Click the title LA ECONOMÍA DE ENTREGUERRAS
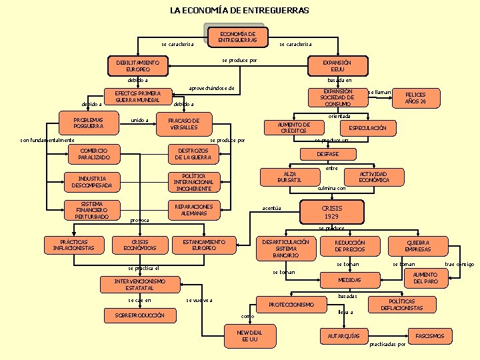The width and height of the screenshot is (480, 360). coord(239,11)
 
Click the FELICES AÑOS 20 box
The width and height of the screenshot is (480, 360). coord(415,98)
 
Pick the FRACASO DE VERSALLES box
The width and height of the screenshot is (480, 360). coord(184,123)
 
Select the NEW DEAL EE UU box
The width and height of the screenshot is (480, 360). coord(250,336)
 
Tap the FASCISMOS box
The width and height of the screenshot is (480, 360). coord(429,336)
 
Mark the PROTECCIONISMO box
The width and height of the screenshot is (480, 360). coord(291,305)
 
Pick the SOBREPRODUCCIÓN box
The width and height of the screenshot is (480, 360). coord(140,315)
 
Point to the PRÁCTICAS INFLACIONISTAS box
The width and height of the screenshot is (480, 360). coord(73,245)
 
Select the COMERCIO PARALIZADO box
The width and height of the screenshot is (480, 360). coord(94,154)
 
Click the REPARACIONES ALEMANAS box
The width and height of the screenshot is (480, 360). coord(193,210)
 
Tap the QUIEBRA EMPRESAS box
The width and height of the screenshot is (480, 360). coord(417,246)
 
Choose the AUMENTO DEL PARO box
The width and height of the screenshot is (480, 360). coord(425,278)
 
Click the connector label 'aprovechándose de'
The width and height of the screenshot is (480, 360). coord(211,88)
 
